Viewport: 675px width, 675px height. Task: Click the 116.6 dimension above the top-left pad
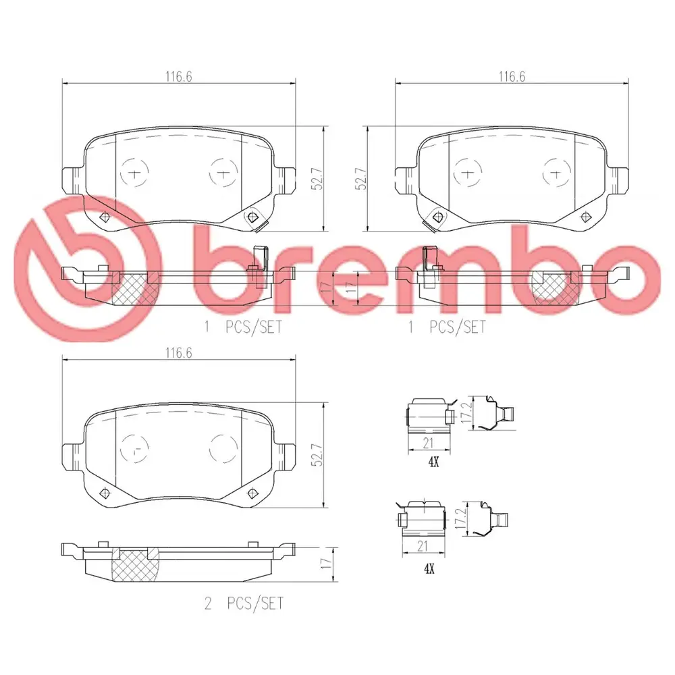click(179, 77)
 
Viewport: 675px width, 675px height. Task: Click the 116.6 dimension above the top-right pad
click(512, 77)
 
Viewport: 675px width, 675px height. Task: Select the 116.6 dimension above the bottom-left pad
click(179, 353)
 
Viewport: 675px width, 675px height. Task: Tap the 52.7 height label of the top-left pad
click(318, 179)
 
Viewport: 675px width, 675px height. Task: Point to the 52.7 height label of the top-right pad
click(360, 179)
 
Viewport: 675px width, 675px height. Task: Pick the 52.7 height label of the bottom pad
click(318, 455)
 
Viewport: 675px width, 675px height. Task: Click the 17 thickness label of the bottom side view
click(327, 562)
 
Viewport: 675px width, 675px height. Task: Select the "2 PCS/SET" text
click(244, 603)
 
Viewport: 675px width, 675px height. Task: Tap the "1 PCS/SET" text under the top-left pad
click(243, 327)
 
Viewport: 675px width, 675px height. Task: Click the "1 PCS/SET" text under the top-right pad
click(447, 327)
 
